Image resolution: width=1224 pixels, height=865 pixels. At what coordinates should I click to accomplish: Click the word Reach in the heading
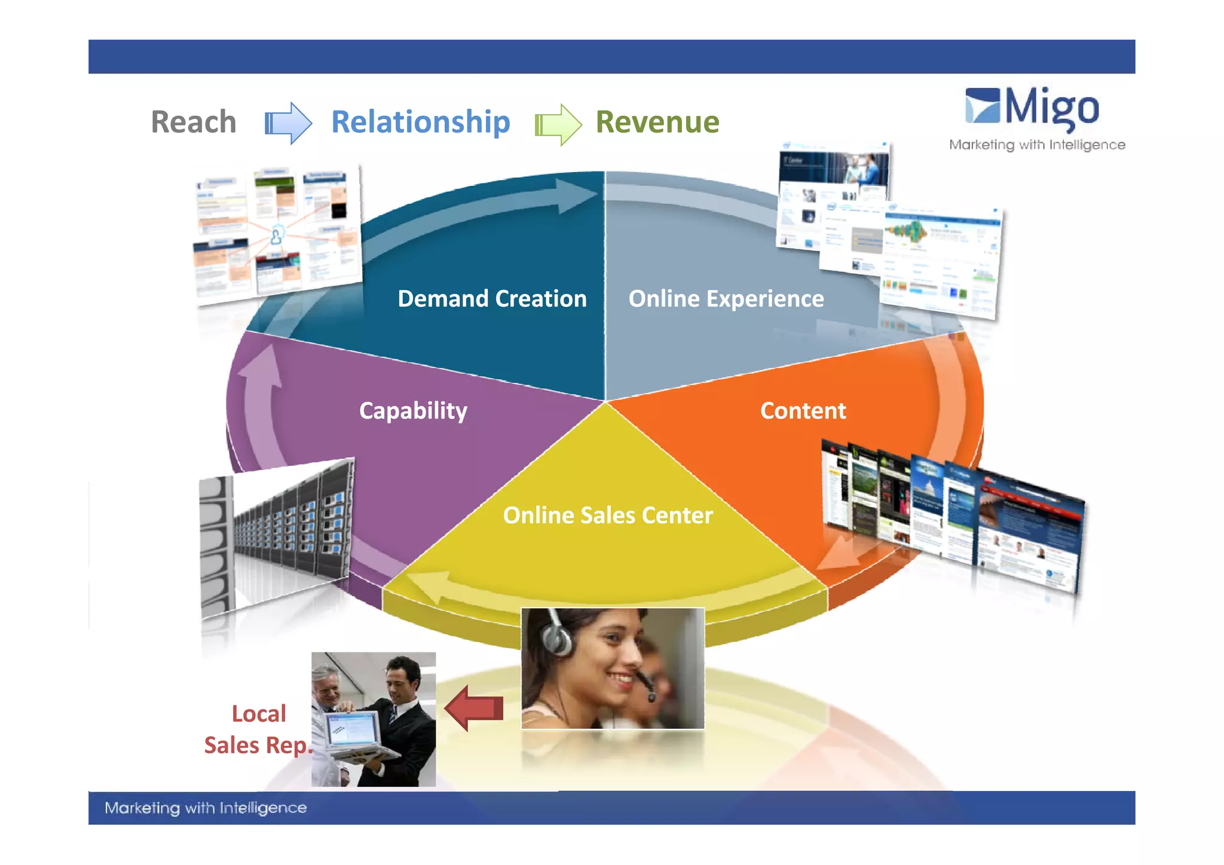194,122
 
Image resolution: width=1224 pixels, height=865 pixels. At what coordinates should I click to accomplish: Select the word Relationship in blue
420,122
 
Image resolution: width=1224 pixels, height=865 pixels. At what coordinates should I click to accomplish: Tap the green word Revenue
657,122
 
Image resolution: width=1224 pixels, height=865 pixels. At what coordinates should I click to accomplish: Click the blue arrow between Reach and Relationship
288,123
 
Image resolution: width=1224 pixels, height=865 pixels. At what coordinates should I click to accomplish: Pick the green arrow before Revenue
558,125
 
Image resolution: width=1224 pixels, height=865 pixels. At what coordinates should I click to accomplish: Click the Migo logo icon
982,106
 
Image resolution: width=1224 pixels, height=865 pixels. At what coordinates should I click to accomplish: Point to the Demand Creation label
492,299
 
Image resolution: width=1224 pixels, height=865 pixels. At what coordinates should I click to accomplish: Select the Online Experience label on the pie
726,299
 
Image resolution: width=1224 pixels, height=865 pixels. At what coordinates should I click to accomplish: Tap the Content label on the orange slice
803,411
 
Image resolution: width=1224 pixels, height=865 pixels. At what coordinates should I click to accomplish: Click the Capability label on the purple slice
413,411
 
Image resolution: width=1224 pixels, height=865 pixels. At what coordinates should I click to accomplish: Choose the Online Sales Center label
608,516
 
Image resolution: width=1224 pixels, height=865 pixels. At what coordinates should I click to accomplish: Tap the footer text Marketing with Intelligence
206,808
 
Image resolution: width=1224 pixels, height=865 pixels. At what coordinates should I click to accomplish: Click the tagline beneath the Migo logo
1037,145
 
